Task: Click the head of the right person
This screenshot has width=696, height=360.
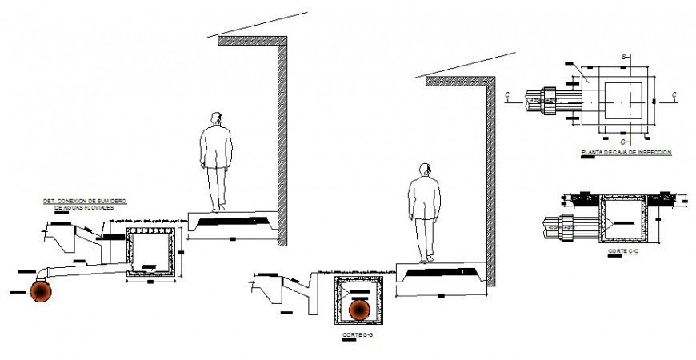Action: click(425, 170)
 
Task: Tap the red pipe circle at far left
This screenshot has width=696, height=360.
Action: click(42, 291)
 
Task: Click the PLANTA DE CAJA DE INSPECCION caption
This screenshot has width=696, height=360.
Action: click(626, 151)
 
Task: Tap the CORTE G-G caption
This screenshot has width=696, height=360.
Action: click(358, 335)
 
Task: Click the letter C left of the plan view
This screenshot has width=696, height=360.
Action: click(507, 94)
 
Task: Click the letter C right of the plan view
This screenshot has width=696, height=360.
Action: click(674, 94)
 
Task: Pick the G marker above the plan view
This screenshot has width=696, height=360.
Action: click(622, 57)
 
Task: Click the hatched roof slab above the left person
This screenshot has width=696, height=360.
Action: click(252, 40)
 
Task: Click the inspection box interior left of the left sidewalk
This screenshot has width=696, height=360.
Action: click(150, 252)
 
